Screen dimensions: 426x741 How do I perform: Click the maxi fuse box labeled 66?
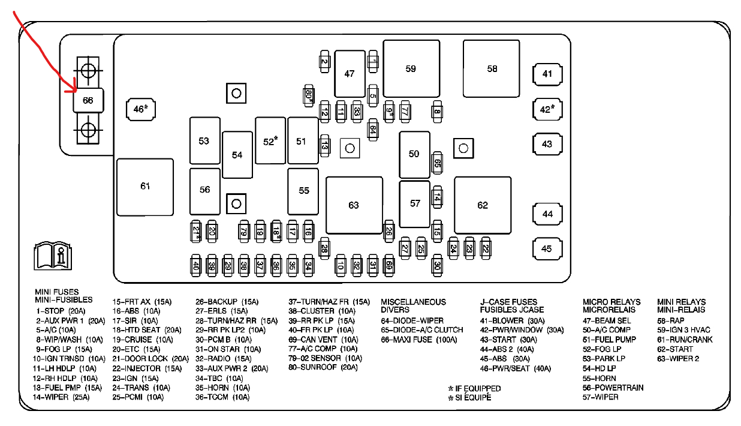pyautogui.click(x=88, y=100)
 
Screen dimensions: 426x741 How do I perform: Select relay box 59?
pyautogui.click(x=411, y=68)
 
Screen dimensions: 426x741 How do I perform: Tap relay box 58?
pyautogui.click(x=492, y=68)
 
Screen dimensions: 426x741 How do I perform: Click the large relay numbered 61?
pyautogui.click(x=145, y=187)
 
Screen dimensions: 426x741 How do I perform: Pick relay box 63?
pyautogui.click(x=354, y=205)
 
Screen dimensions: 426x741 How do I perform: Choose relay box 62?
pyautogui.click(x=483, y=205)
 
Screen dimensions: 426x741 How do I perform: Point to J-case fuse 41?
pyautogui.click(x=547, y=74)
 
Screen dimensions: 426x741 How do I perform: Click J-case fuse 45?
pyautogui.click(x=547, y=249)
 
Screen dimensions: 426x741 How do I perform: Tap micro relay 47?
pyautogui.click(x=350, y=74)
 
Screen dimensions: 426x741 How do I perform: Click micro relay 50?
pyautogui.click(x=414, y=154)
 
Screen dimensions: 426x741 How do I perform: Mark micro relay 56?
pyautogui.click(x=205, y=190)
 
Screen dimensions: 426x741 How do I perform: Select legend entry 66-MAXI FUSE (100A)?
pyautogui.click(x=418, y=340)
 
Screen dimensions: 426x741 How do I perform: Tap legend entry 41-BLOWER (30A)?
pyautogui.click(x=512, y=320)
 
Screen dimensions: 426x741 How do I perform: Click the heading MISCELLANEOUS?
pyautogui.click(x=413, y=302)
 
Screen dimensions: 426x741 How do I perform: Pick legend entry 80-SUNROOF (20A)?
pyautogui.click(x=323, y=368)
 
